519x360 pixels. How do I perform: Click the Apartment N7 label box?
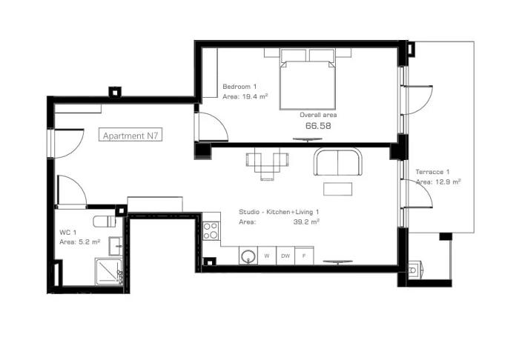click(130, 135)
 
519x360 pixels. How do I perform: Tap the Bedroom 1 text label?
click(239, 87)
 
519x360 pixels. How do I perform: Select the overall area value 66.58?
click(318, 126)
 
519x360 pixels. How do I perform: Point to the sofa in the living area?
click(338, 161)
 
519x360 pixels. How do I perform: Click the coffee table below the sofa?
click(337, 189)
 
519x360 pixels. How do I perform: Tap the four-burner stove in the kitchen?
click(211, 231)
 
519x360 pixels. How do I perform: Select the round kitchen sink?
click(248, 256)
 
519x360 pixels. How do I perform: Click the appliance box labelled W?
click(267, 256)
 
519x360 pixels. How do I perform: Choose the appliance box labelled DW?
click(285, 256)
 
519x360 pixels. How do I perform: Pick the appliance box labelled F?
click(304, 256)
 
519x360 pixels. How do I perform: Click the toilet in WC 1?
click(105, 221)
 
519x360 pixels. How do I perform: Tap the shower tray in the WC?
click(109, 271)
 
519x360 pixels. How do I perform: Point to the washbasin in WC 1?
click(116, 246)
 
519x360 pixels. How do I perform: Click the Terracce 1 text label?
click(432, 172)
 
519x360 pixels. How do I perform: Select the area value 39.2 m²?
click(306, 221)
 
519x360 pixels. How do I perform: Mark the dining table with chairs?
click(267, 164)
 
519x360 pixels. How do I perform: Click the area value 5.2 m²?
click(90, 242)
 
